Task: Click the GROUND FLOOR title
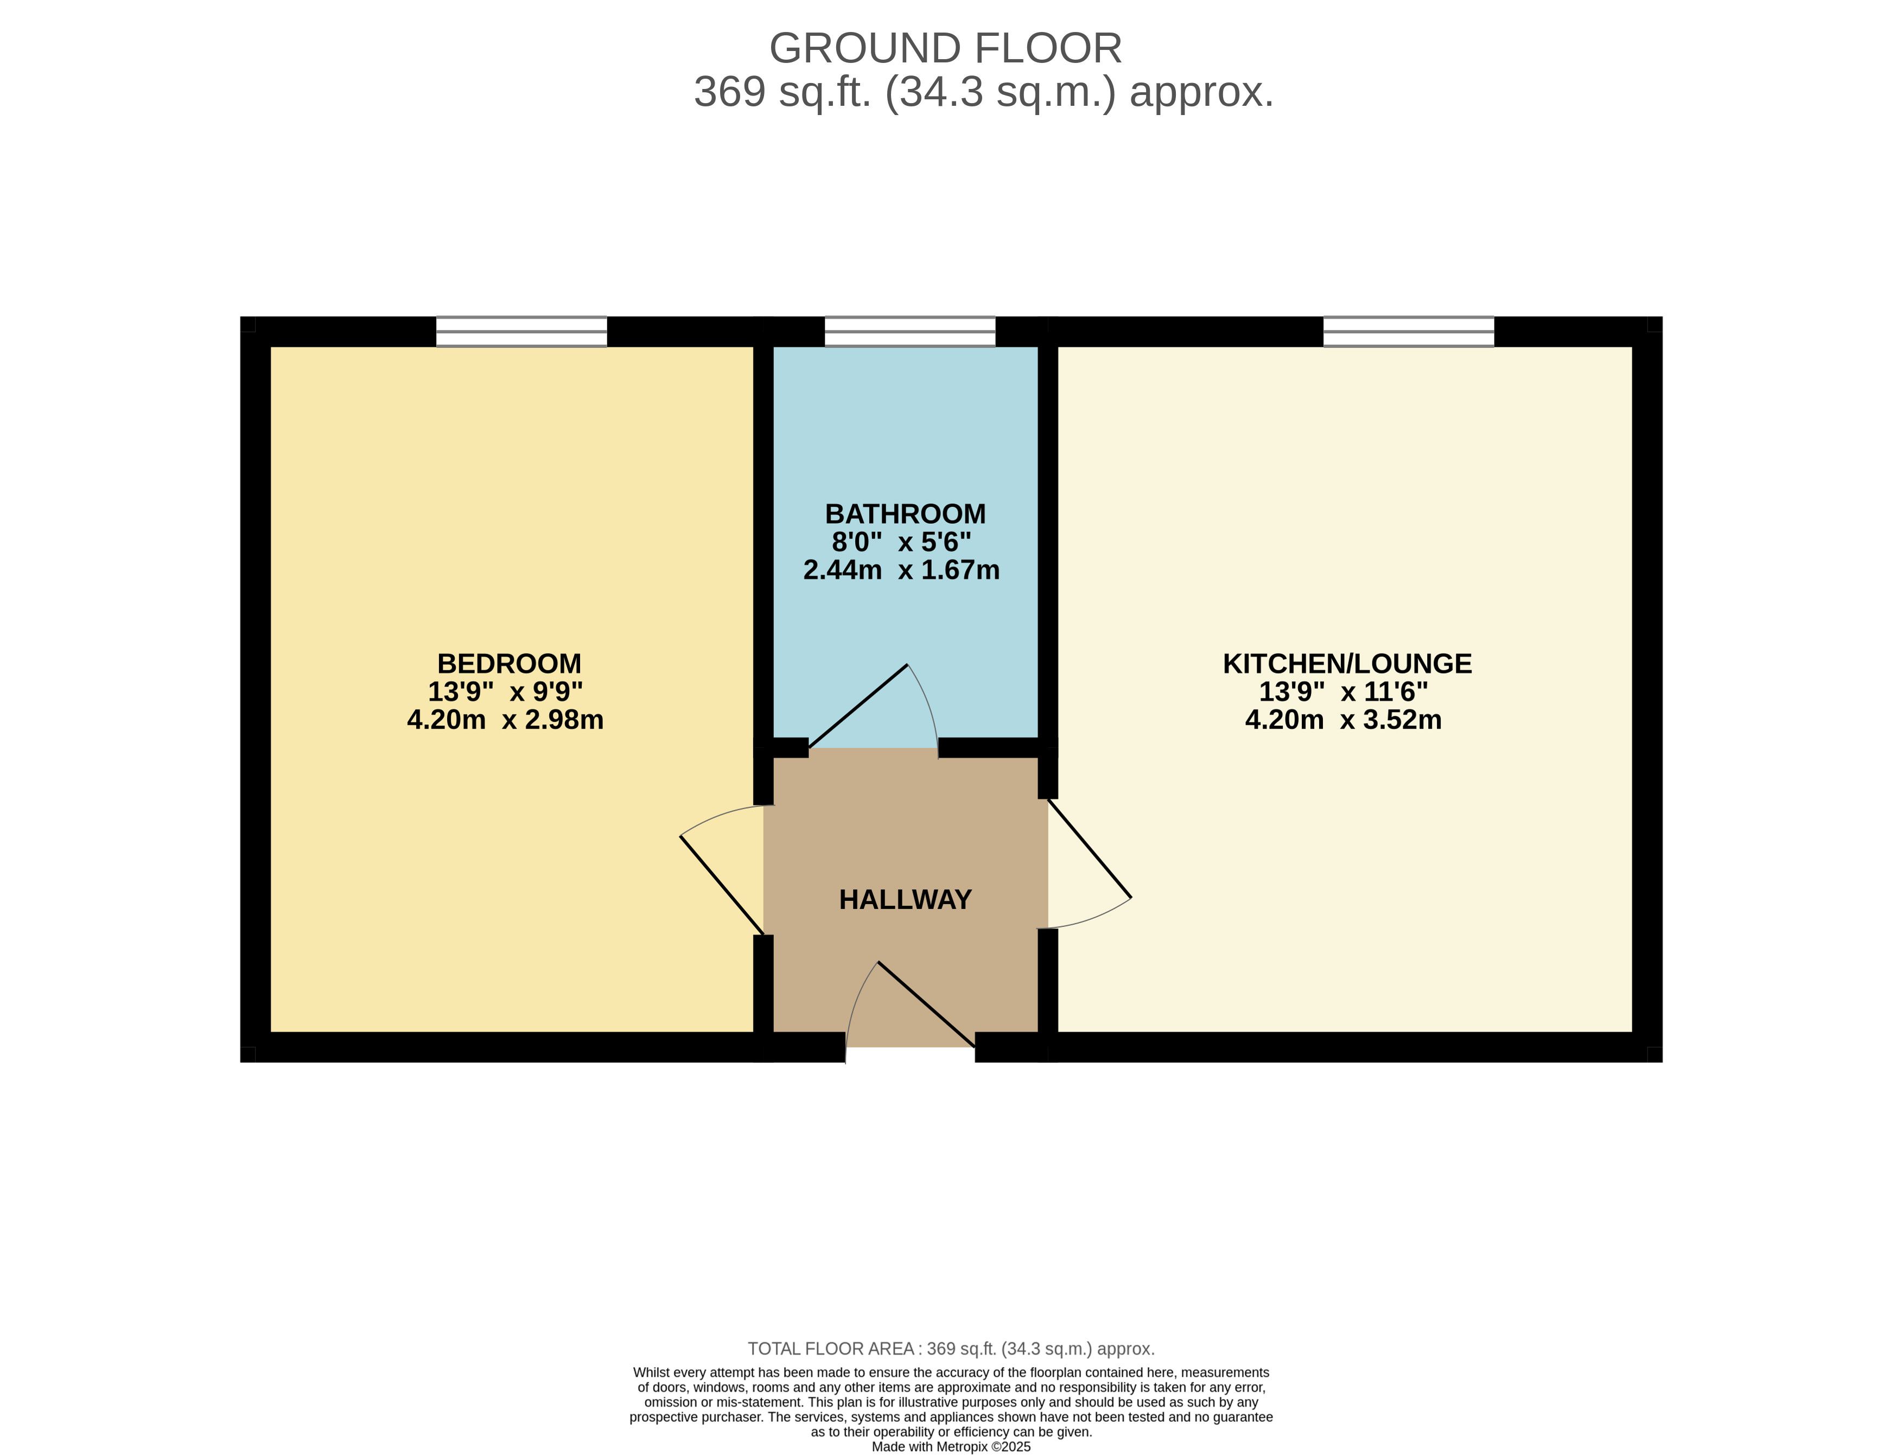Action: pyautogui.click(x=945, y=48)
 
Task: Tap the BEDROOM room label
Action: pyautogui.click(x=509, y=663)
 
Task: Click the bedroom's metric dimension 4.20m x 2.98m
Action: pyautogui.click(x=506, y=720)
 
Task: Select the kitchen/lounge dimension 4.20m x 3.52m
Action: pyautogui.click(x=1344, y=720)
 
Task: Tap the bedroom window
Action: pyautogui.click(x=521, y=332)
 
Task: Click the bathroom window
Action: pyautogui.click(x=910, y=332)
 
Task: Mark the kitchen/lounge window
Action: pyautogui.click(x=1409, y=332)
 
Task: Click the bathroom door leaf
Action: pyautogui.click(x=858, y=707)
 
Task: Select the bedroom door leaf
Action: pyautogui.click(x=722, y=885)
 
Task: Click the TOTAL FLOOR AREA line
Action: pyautogui.click(x=951, y=1349)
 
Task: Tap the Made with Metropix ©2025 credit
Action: pyautogui.click(x=951, y=1446)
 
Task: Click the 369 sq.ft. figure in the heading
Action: pyautogui.click(x=782, y=92)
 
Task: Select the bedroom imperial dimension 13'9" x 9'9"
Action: pyautogui.click(x=506, y=692)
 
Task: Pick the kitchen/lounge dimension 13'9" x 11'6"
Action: pyautogui.click(x=1344, y=692)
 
